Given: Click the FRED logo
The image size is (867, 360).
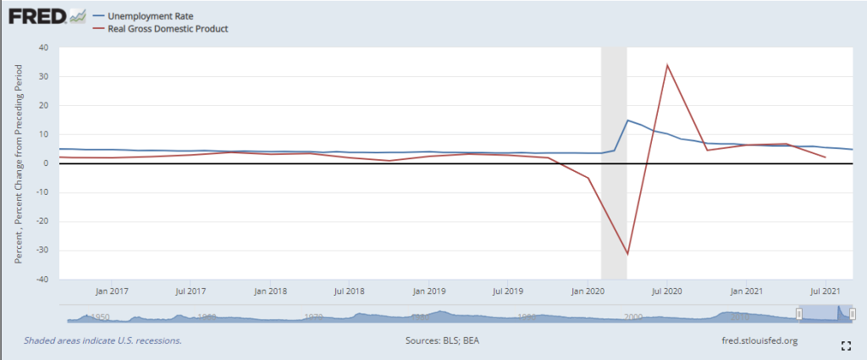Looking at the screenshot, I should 37,17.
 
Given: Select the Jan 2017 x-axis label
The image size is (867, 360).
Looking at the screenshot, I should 112,291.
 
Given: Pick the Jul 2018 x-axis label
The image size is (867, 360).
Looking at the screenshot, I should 350,291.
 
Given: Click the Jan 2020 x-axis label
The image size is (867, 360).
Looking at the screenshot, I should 588,291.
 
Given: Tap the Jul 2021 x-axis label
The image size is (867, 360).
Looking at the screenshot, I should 826,291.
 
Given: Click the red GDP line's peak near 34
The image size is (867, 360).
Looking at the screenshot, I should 667,65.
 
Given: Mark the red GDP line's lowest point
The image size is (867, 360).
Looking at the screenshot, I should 627,254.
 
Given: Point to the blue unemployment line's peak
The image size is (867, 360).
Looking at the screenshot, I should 627,120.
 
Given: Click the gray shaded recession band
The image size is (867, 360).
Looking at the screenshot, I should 614,85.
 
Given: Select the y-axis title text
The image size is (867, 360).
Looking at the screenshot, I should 19,163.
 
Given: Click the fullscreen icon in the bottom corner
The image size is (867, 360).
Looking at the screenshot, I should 844,346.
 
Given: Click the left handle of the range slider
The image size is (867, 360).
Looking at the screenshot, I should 798,314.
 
